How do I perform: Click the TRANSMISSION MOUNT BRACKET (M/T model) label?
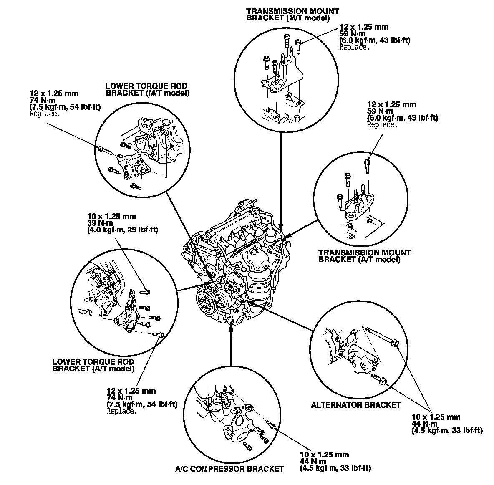[292, 15]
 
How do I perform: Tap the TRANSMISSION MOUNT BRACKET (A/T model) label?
[364, 256]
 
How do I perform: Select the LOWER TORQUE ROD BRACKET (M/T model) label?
[147, 90]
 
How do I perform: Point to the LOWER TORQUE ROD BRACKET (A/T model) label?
[93, 365]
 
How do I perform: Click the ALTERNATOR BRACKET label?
[355, 405]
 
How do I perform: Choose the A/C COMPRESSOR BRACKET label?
[229, 469]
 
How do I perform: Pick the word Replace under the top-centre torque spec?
[354, 47]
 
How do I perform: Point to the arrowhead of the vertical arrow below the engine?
[230, 327]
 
